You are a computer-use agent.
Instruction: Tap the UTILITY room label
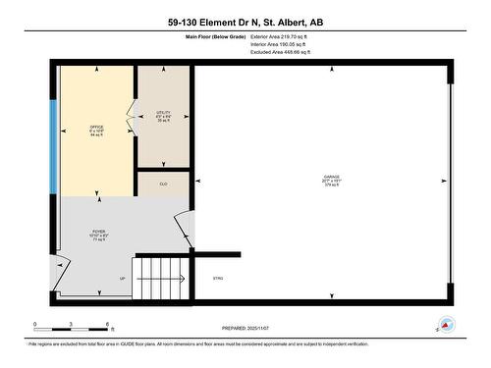163,114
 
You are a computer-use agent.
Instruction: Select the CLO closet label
163,184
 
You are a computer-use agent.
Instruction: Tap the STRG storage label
218,279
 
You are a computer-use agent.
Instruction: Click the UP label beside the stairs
123,279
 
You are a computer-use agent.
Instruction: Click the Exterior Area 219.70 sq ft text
280,35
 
